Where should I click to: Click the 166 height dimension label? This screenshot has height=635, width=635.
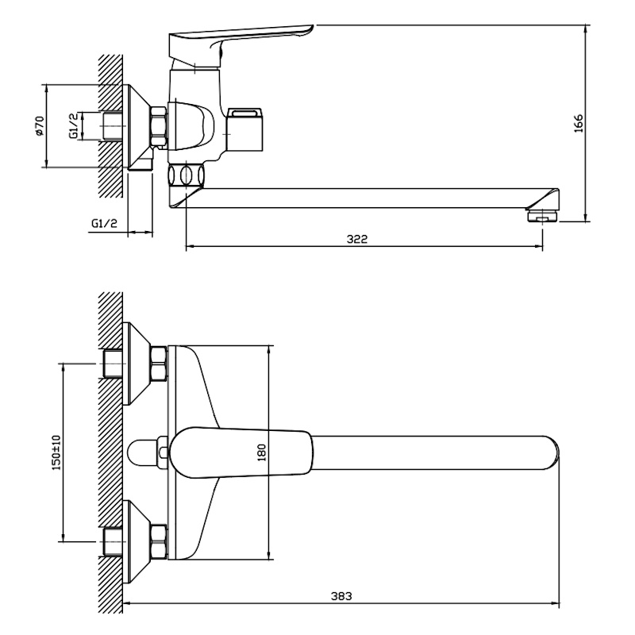pos(578,125)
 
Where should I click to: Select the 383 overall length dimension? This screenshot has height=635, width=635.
pos(342,596)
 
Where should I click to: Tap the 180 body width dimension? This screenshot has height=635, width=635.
pos(262,452)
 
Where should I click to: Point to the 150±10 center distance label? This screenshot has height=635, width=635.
pos(55,452)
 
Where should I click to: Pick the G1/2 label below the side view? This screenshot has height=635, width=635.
pos(104,224)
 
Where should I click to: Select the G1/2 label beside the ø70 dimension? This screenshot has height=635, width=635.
pos(72,125)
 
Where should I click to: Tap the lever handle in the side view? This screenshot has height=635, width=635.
pos(238,36)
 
